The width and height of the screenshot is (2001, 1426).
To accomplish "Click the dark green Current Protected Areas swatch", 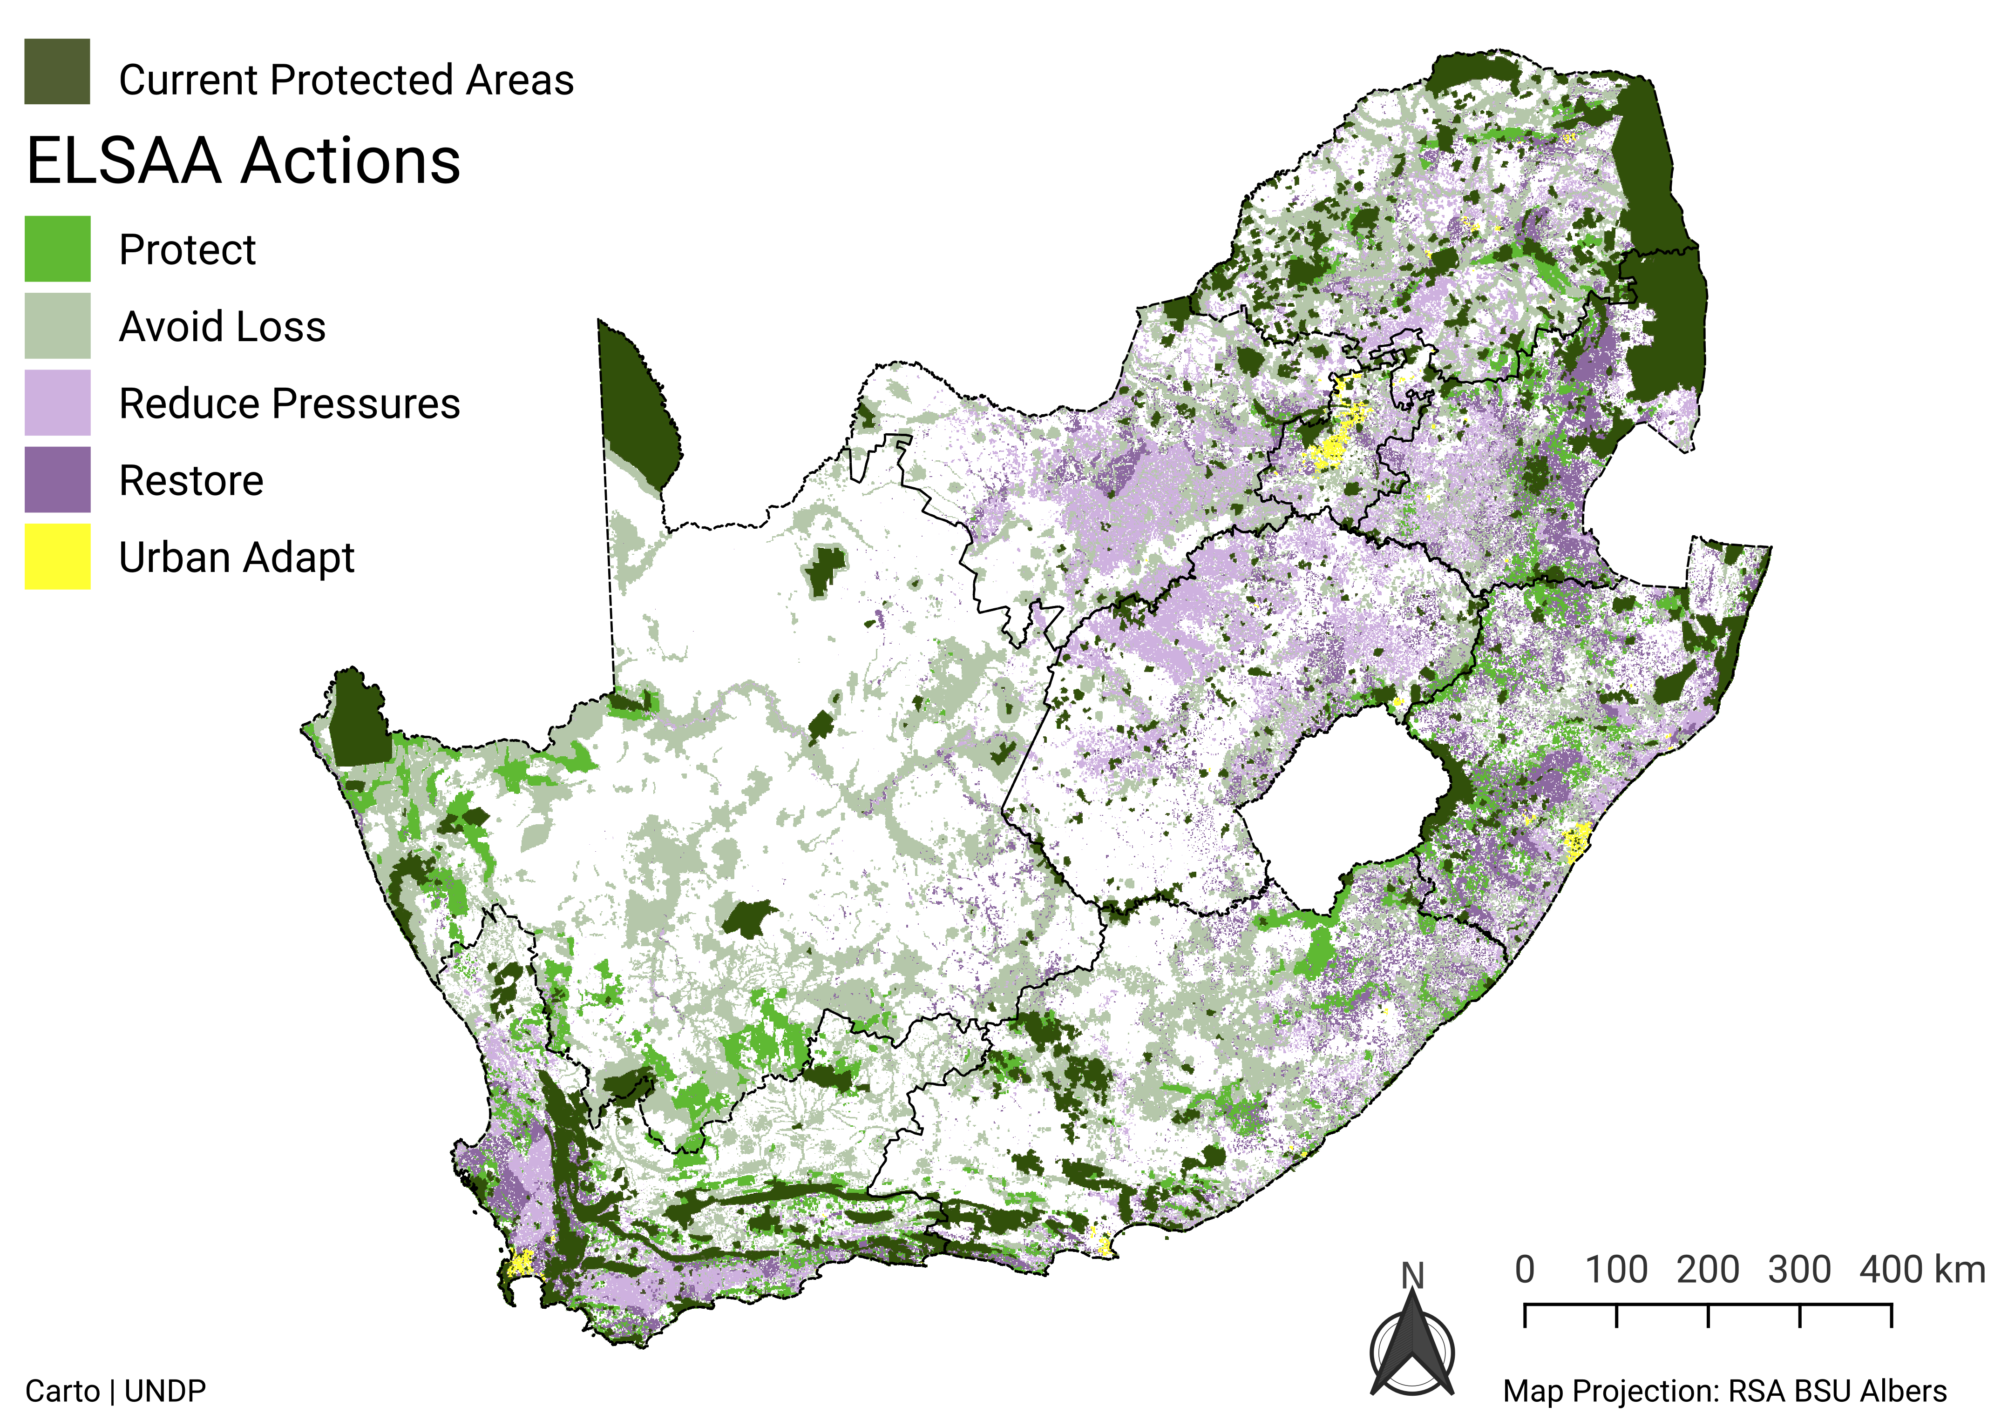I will [57, 71].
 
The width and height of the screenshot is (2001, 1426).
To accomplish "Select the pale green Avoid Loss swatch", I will [57, 326].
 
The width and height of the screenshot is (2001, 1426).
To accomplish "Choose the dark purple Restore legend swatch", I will [57, 479].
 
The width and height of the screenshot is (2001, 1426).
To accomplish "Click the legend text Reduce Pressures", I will [289, 404].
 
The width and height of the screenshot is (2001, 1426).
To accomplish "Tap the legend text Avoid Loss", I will [222, 327].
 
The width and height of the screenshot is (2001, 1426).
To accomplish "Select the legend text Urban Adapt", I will [236, 558].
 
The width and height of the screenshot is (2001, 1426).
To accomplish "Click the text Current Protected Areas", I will [346, 80].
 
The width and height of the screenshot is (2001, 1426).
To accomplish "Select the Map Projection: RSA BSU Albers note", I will [1724, 1391].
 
